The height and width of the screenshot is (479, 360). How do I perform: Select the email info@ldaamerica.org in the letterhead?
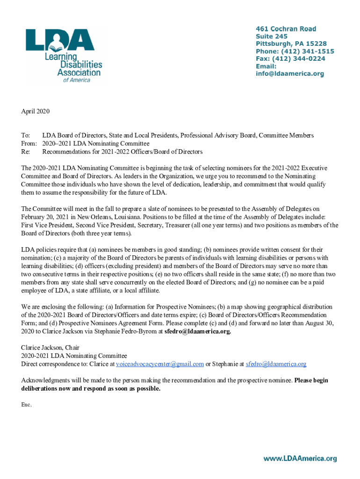(289, 74)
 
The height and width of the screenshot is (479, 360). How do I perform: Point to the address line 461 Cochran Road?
(286, 29)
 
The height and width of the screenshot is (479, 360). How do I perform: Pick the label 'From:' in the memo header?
(29, 144)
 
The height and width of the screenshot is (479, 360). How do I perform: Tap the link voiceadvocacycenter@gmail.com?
(160, 364)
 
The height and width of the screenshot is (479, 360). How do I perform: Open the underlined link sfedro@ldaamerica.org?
(276, 364)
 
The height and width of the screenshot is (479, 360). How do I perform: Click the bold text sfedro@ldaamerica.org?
(198, 331)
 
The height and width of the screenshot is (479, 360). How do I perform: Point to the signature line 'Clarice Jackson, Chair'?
(50, 348)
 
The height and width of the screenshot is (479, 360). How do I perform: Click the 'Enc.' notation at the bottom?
(26, 405)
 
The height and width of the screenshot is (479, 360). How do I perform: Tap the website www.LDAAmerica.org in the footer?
(300, 459)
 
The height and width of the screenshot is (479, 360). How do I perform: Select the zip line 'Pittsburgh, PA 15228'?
(291, 44)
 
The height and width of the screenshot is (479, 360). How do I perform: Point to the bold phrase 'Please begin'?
(311, 380)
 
